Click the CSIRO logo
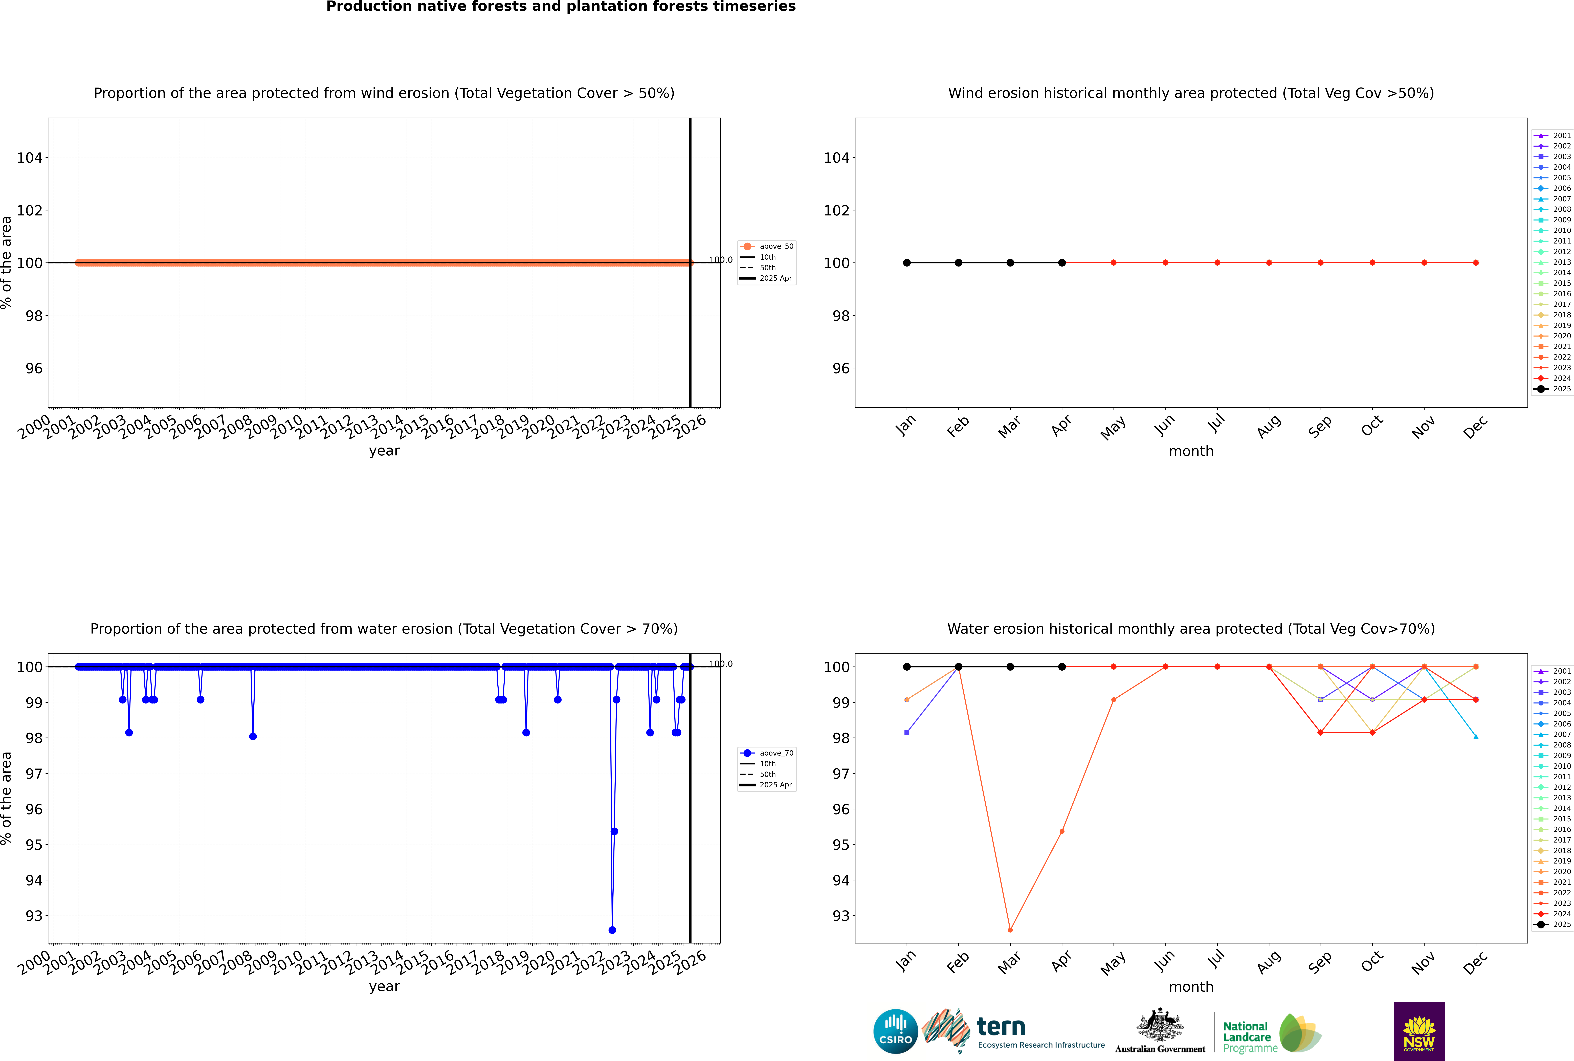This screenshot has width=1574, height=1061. pos(895,1031)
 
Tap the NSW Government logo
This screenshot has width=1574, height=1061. pos(1419,1031)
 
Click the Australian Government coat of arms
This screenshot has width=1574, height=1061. pos(1160,1029)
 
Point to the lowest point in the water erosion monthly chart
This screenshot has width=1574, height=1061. pos(1010,930)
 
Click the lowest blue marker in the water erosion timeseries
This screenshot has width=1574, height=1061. pos(612,930)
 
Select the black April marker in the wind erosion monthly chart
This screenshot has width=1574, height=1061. pos(1062,262)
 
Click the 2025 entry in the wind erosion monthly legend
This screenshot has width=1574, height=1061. pos(1554,389)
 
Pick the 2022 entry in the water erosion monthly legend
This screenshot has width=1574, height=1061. pos(1554,893)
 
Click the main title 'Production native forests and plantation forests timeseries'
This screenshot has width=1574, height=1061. pos(561,7)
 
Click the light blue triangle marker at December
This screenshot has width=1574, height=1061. pos(1476,736)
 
